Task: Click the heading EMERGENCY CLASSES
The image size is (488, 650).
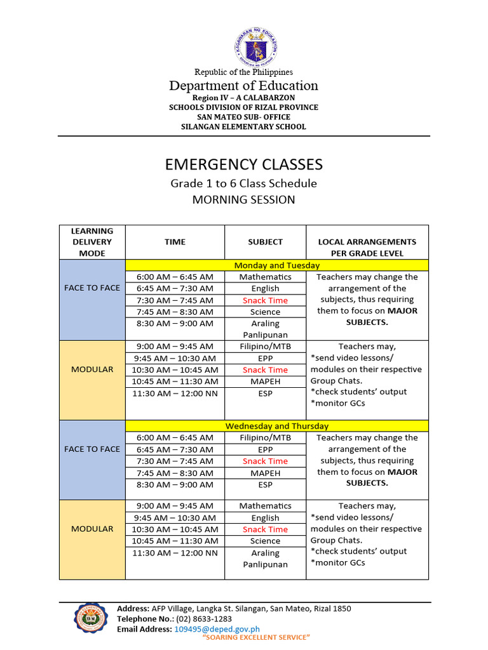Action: click(x=244, y=165)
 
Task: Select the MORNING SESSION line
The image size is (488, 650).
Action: click(x=244, y=200)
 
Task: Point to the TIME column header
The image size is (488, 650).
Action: click(x=175, y=242)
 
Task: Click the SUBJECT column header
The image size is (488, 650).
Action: click(x=265, y=242)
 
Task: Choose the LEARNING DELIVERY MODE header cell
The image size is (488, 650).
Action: click(x=92, y=242)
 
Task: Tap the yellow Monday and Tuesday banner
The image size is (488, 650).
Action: click(x=277, y=265)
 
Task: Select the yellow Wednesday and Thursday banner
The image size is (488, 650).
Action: click(x=277, y=426)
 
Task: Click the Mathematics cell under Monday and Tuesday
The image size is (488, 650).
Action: click(x=265, y=277)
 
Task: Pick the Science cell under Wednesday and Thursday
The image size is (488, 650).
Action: click(x=265, y=541)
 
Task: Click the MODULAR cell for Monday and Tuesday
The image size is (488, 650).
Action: click(x=92, y=369)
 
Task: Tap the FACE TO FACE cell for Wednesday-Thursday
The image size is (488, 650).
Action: click(x=92, y=449)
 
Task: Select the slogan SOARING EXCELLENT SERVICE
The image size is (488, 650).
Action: click(x=255, y=637)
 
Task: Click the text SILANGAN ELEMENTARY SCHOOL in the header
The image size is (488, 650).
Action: click(x=243, y=127)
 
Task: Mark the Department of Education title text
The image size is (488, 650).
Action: click(x=243, y=86)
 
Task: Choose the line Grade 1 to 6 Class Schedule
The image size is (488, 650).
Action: click(x=243, y=183)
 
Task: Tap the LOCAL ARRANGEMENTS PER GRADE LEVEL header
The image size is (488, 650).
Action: click(x=367, y=247)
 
